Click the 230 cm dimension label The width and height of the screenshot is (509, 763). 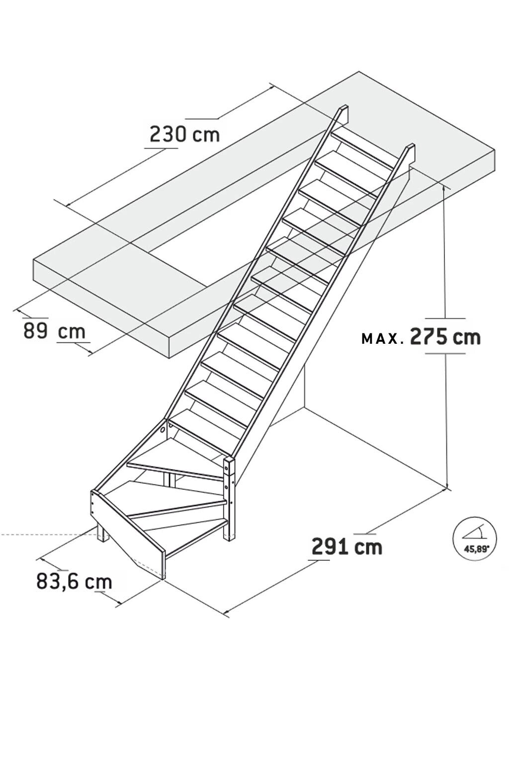[184, 134]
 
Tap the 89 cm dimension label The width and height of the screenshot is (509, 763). [54, 330]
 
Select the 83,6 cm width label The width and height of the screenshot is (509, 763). [74, 582]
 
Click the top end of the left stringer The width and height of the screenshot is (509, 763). [343, 112]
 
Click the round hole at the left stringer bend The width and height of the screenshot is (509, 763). [163, 429]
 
